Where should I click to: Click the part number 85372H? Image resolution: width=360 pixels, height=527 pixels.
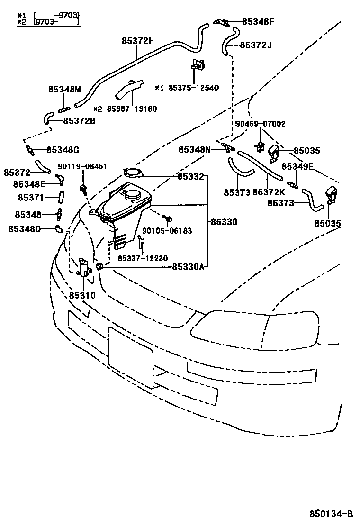click(x=137, y=41)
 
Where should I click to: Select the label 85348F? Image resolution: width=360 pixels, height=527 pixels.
click(x=258, y=21)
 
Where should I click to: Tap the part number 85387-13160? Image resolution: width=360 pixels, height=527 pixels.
click(x=132, y=109)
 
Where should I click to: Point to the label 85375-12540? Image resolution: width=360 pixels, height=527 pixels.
click(x=194, y=88)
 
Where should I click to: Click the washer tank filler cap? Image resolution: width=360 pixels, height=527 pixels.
click(x=134, y=194)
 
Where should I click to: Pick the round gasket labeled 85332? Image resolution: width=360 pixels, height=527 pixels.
click(x=132, y=173)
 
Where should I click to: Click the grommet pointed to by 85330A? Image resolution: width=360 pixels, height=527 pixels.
click(x=99, y=267)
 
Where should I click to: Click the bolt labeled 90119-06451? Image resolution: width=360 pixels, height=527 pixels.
click(x=84, y=189)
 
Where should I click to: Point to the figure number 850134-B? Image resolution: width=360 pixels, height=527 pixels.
click(x=332, y=514)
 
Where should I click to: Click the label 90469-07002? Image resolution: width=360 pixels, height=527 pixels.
click(x=260, y=124)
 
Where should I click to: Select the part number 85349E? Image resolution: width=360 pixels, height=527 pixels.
click(x=297, y=166)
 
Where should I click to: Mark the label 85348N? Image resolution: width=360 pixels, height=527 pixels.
click(x=194, y=150)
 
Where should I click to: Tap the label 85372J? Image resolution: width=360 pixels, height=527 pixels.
click(x=256, y=45)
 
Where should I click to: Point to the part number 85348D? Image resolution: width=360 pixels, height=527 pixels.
click(x=24, y=229)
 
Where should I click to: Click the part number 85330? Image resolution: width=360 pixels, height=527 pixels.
click(x=224, y=222)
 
